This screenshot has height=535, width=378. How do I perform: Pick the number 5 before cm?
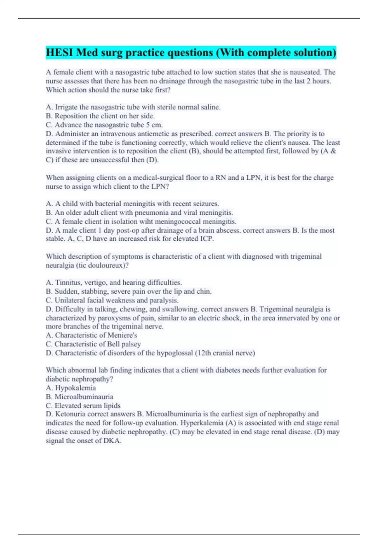click(148, 125)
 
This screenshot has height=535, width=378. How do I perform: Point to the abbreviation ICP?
click(207, 239)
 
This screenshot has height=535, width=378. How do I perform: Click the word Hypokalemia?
click(76, 388)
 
